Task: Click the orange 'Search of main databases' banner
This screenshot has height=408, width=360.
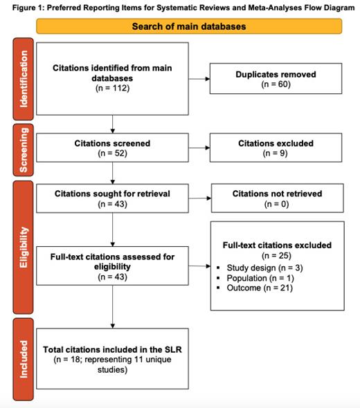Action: (x=189, y=27)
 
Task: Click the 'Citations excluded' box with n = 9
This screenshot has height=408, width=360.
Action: (x=276, y=149)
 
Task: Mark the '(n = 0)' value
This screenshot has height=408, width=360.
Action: (x=276, y=204)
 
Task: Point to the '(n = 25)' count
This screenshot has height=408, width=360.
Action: (x=276, y=255)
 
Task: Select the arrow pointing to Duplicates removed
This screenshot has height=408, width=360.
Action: (x=199, y=79)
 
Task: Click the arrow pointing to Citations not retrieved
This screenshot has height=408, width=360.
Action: (x=199, y=198)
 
